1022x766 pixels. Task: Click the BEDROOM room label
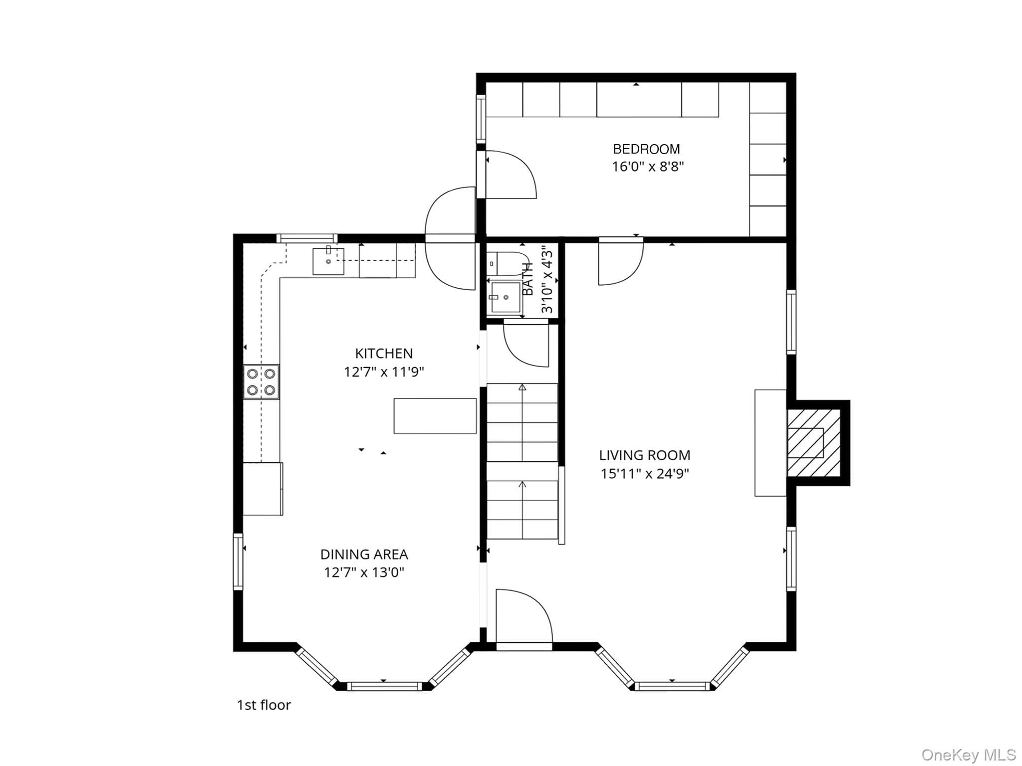click(646, 149)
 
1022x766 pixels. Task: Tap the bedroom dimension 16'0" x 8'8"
click(648, 167)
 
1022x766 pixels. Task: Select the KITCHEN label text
click(384, 354)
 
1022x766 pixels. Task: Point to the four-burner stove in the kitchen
click(261, 382)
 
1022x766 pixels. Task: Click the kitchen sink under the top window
click(328, 261)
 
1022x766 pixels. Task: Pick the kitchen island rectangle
click(435, 416)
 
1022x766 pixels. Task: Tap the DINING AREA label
click(364, 555)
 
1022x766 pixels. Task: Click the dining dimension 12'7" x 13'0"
click(364, 573)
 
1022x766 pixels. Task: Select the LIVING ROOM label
click(645, 455)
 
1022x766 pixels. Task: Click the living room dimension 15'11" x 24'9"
click(645, 473)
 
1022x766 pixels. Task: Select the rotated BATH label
click(528, 279)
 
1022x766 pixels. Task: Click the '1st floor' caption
click(263, 705)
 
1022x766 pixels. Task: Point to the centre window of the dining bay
click(384, 686)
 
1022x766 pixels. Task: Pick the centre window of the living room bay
click(672, 686)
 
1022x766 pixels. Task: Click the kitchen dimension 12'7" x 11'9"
click(384, 372)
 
